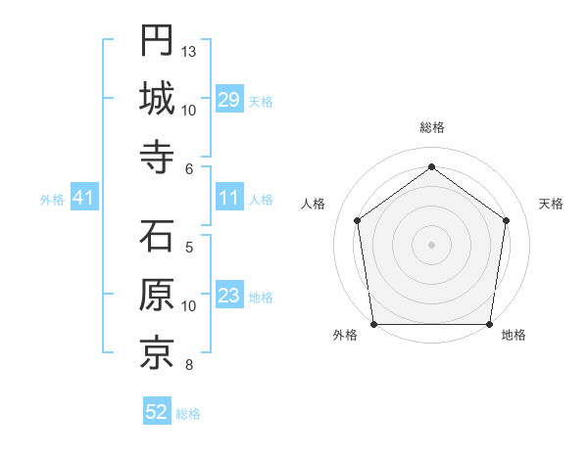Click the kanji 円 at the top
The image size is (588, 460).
click(156, 40)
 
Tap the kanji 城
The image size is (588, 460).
click(156, 98)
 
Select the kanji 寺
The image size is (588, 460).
click(156, 157)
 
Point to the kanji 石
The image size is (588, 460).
click(156, 237)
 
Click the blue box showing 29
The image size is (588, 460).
click(229, 100)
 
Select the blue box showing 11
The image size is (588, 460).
click(229, 199)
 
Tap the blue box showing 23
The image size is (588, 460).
click(229, 297)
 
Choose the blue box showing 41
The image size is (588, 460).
click(84, 199)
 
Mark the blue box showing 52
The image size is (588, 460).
click(157, 413)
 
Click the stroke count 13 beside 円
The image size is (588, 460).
click(189, 51)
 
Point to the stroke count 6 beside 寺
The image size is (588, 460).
click(188, 168)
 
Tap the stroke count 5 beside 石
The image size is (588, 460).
click(188, 247)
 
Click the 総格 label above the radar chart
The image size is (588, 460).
click(431, 128)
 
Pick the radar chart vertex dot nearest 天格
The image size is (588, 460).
click(506, 220)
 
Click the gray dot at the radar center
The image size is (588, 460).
click(431, 244)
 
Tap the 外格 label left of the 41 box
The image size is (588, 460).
click(52, 200)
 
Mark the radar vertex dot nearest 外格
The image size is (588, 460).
click(373, 324)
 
